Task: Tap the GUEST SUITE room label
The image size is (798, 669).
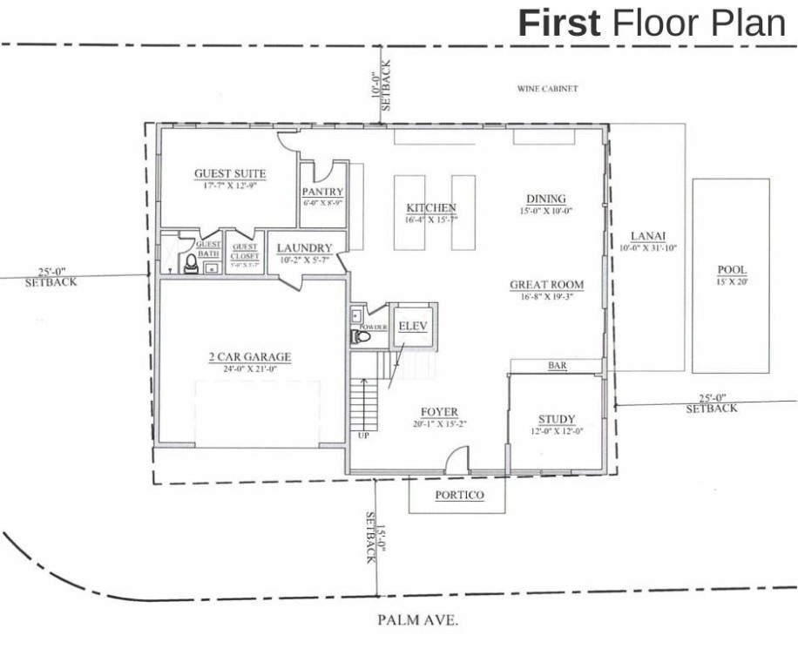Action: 230,174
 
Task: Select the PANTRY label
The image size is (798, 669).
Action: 322,193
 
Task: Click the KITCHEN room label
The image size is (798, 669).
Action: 431,208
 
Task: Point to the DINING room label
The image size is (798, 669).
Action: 546,199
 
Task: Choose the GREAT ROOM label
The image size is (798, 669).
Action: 546,285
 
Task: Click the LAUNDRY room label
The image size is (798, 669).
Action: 305,248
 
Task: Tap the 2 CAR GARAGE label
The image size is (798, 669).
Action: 249,357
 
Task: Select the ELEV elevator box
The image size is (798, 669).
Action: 410,327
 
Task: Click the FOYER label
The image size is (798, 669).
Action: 439,413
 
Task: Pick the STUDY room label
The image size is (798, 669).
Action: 557,420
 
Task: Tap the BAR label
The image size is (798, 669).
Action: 558,367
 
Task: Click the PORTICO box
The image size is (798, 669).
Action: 458,496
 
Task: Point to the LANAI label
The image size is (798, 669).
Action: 648,236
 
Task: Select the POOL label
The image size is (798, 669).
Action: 731,270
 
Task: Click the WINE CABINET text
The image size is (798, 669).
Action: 548,89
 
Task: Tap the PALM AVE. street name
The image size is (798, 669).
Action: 418,621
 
